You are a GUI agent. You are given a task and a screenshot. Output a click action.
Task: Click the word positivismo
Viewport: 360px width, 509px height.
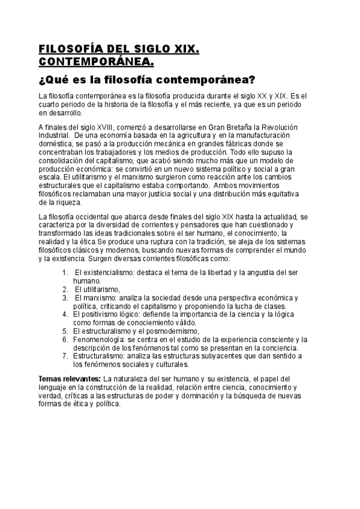coord(100,314)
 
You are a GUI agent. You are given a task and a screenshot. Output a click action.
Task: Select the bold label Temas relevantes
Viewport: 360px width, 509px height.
coord(69,379)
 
